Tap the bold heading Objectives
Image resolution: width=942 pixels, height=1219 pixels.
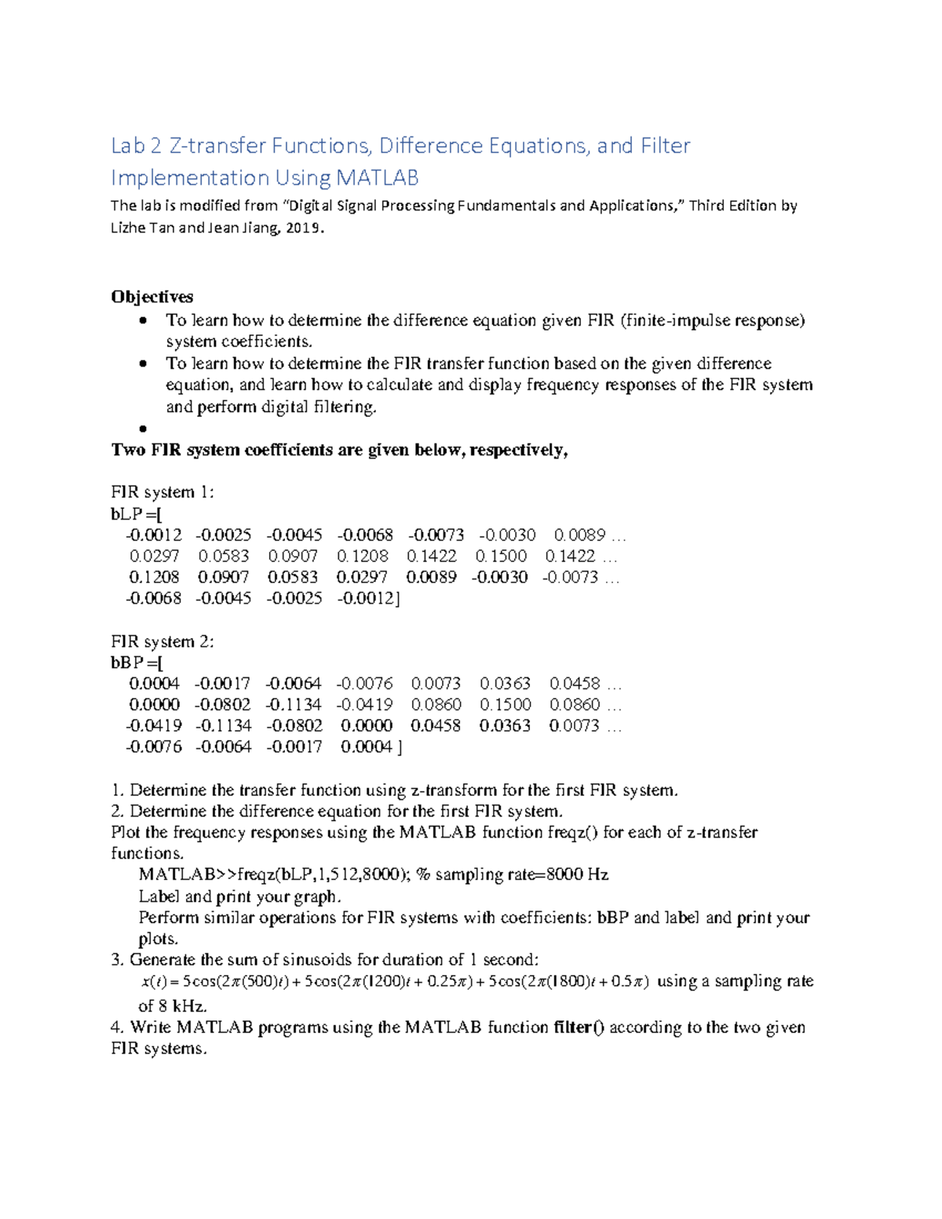[x=152, y=297]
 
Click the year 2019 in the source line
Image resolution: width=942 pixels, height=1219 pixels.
[x=301, y=228]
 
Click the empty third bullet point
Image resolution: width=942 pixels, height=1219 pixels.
[x=143, y=429]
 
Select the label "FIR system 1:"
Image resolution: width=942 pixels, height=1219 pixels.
[x=162, y=492]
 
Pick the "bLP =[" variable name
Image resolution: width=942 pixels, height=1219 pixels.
[x=136, y=514]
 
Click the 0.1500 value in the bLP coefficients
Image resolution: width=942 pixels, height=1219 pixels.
[x=501, y=557]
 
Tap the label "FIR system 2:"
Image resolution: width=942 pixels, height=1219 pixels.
[x=162, y=641]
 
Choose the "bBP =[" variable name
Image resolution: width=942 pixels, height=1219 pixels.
[x=137, y=662]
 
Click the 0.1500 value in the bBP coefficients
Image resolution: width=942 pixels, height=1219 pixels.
[x=506, y=705]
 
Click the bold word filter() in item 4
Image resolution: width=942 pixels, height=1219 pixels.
[x=579, y=1027]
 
